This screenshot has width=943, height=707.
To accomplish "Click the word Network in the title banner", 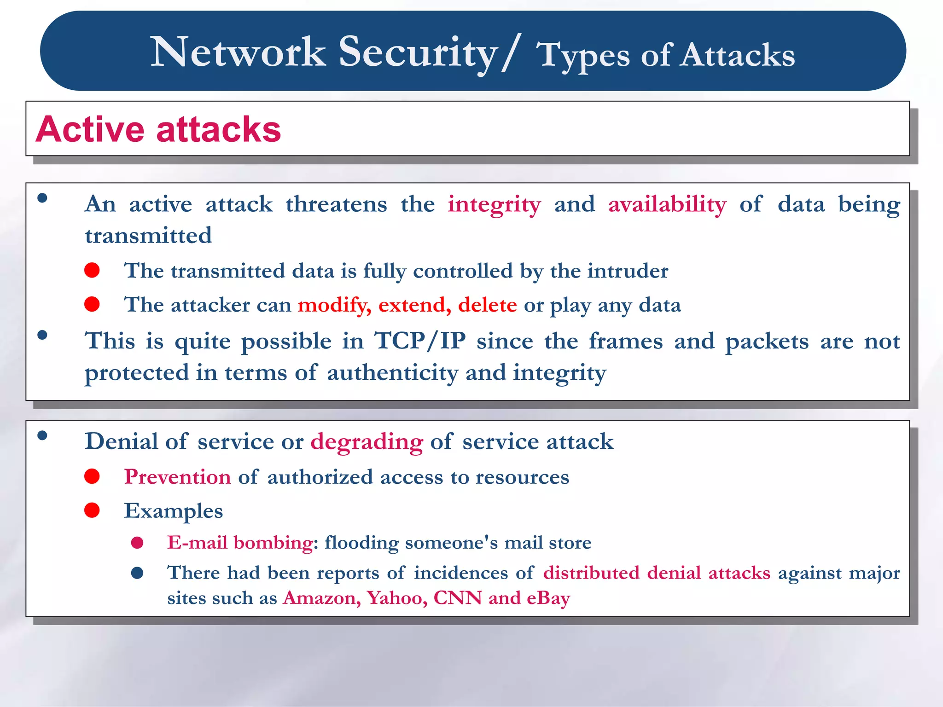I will tap(238, 52).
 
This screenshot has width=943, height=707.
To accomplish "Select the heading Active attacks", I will tap(158, 129).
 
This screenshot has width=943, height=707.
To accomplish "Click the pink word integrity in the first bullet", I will tap(494, 205).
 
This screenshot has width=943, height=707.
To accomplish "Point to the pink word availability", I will tap(667, 205).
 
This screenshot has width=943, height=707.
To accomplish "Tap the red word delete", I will tap(487, 305).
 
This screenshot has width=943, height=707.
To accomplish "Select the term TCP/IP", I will tap(420, 342).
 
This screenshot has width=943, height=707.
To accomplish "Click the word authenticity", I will tap(392, 373).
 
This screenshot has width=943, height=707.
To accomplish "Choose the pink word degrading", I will tap(367, 442).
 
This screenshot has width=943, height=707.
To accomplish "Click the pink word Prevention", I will tap(177, 477).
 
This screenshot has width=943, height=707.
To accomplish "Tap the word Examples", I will tap(173, 511).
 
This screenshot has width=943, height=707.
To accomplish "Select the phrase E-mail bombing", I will tap(240, 543).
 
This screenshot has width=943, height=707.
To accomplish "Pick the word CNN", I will tap(458, 597).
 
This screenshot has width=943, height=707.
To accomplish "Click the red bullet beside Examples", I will tap(92, 510).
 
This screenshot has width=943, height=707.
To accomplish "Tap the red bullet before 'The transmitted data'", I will tap(92, 270).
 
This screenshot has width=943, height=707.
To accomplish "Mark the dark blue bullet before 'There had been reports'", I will tap(137, 573).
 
